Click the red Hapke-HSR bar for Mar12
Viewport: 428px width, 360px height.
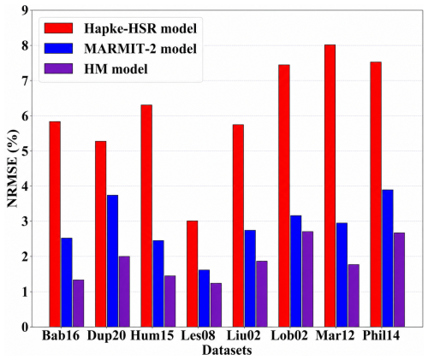tap(330, 186)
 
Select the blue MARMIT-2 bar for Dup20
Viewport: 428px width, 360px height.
tap(112, 261)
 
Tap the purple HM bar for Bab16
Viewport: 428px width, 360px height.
tap(78, 304)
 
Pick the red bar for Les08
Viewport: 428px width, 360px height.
tap(193, 274)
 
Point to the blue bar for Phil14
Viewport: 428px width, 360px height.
tap(388, 258)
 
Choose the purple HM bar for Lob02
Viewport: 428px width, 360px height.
tap(307, 279)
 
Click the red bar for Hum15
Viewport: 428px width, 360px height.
tap(146, 215)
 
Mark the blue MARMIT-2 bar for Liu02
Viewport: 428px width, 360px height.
tap(250, 279)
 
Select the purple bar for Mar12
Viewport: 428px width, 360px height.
tap(354, 296)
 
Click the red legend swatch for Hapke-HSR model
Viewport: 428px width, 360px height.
tap(58, 28)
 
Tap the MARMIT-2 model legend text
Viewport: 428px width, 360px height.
tap(140, 49)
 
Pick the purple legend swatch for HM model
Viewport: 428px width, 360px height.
tap(58, 68)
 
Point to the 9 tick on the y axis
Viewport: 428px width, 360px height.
tap(25, 10)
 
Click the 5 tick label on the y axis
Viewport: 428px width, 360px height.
tap(25, 151)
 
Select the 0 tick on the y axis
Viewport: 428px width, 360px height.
tap(25, 327)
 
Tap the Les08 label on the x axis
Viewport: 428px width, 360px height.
tap(198, 336)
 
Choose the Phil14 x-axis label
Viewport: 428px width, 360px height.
tap(381, 336)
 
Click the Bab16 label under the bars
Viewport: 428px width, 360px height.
tap(61, 336)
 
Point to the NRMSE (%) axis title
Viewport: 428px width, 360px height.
tap(12, 168)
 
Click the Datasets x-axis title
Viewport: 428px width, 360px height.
tap(227, 351)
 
